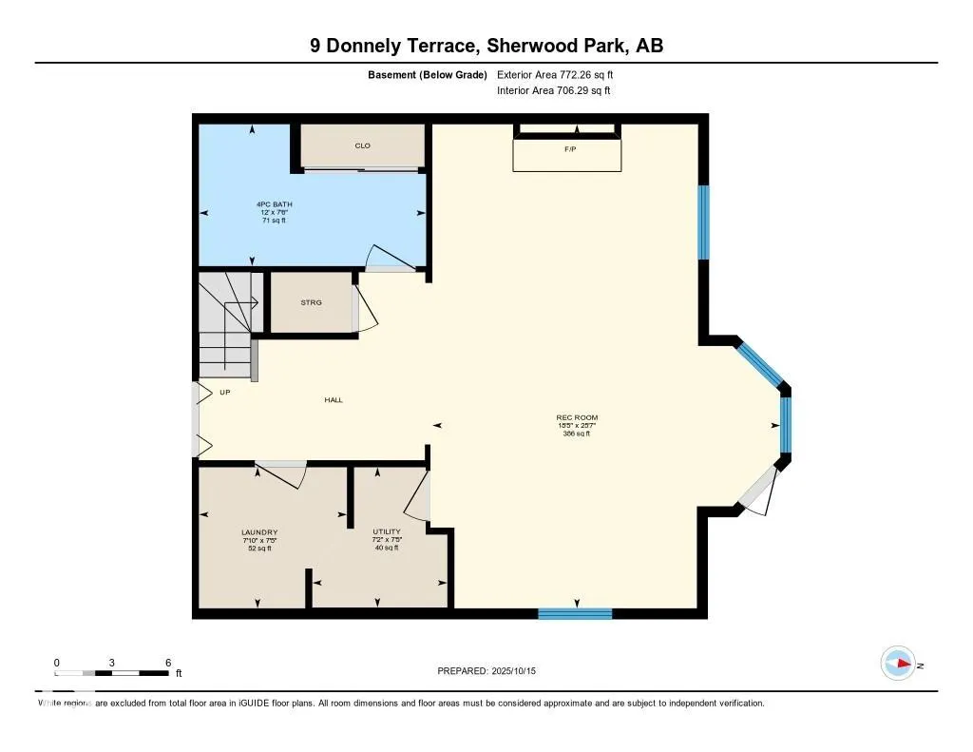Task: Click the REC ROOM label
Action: click(x=577, y=418)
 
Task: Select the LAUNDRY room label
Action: click(x=259, y=532)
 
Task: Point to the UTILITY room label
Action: click(x=387, y=531)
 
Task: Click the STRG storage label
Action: click(x=311, y=302)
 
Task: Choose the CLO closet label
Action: click(x=362, y=145)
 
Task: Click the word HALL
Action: click(x=333, y=399)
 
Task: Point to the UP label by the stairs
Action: click(x=224, y=392)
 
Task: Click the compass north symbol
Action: click(x=898, y=664)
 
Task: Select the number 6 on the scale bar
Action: click(x=167, y=662)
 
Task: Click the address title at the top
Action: click(x=486, y=45)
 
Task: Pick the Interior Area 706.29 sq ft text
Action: click(x=553, y=90)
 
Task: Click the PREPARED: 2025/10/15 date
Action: click(x=492, y=671)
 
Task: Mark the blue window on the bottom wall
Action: click(x=575, y=613)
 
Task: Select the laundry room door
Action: click(x=282, y=472)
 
